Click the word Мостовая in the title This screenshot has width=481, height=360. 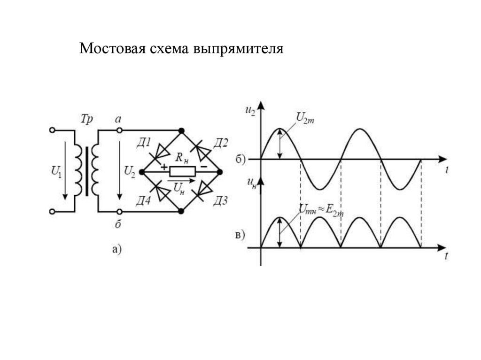[112, 48]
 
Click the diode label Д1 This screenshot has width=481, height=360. [144, 143]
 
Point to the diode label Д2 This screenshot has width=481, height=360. [221, 143]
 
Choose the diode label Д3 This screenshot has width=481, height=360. [221, 201]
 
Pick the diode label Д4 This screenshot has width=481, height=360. [144, 201]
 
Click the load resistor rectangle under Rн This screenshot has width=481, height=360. [183, 171]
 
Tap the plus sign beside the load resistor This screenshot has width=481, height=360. [164, 167]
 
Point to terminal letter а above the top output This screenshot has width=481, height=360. [118, 119]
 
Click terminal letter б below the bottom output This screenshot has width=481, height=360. [118, 224]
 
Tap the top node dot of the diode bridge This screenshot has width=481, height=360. [182, 130]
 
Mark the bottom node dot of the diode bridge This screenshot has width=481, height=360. [181, 211]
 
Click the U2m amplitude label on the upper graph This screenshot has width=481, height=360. [305, 118]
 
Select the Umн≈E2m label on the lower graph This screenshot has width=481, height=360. [321, 210]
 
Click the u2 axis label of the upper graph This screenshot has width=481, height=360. [250, 110]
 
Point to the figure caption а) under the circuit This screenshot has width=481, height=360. [117, 249]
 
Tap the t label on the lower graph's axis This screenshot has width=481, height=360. [447, 256]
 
